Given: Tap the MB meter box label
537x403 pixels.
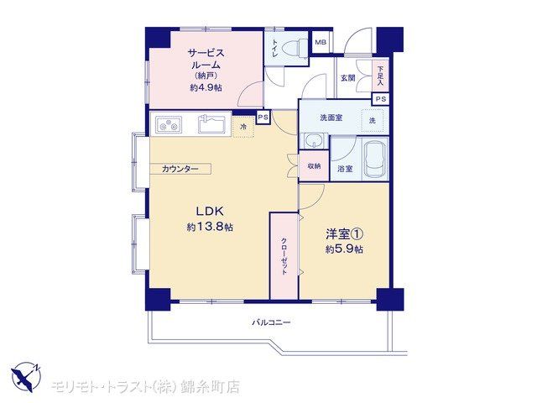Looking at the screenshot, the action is click(x=321, y=43).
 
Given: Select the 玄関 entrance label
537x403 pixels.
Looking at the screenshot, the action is click(x=348, y=78).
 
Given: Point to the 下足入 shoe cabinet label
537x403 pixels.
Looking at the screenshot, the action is click(x=380, y=76).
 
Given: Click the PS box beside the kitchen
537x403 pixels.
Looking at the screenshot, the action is click(x=263, y=118).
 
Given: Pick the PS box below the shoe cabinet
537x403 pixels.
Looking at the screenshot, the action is click(x=381, y=99).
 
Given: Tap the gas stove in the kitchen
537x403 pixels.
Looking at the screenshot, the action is click(x=169, y=124).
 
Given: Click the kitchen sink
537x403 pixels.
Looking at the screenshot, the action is click(x=211, y=124).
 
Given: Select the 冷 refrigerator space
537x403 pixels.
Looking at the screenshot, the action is click(x=243, y=127).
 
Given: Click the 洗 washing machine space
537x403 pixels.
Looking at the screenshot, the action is click(x=373, y=120).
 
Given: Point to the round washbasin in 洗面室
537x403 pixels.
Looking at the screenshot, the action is click(x=315, y=140).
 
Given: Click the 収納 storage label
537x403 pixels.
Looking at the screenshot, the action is click(x=314, y=166).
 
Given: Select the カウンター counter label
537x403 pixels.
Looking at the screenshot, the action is click(x=180, y=169).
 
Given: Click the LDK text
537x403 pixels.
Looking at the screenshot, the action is click(x=210, y=212).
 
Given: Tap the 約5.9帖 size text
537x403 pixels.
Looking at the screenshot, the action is click(x=344, y=249).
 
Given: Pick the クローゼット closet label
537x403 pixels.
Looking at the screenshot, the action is click(x=284, y=255).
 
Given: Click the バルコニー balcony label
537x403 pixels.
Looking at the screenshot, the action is click(x=271, y=322).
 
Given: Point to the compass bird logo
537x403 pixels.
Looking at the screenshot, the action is click(x=26, y=376).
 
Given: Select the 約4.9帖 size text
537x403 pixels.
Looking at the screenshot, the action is click(x=206, y=87).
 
